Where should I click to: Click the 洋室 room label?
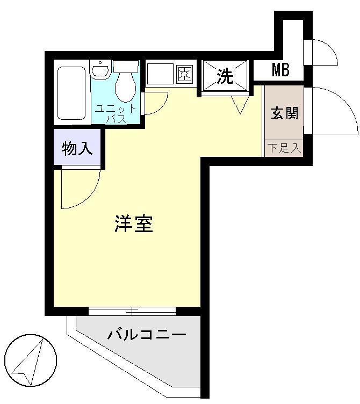[134, 224]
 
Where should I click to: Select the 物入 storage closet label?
[77, 148]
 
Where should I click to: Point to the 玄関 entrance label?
[284, 114]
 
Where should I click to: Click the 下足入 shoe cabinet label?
[284, 148]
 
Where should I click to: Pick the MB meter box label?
[280, 70]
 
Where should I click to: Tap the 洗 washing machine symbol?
[226, 76]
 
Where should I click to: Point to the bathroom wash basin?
[100, 69]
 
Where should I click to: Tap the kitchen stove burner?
[185, 74]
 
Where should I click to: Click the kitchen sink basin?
[160, 74]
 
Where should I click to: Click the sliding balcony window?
[132, 311]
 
